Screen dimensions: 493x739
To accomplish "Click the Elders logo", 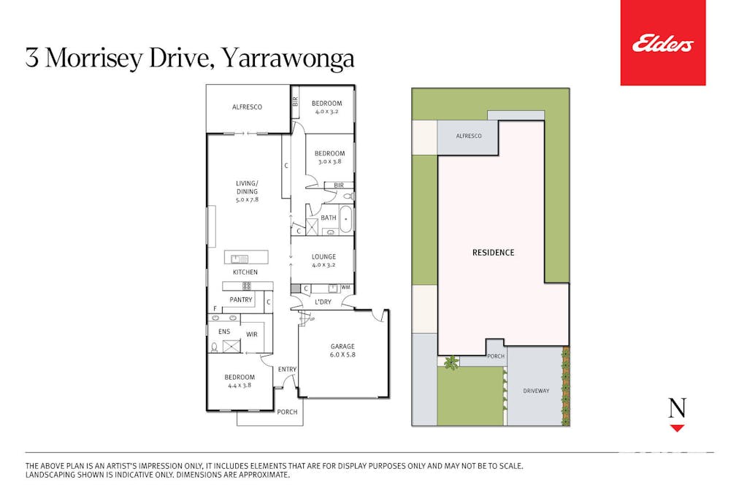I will tap(662, 44).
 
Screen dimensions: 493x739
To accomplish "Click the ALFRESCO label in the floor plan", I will tap(247, 107).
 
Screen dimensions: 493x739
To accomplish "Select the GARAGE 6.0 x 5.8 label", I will tap(342, 351).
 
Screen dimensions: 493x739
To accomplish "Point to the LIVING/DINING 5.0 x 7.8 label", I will tap(247, 191).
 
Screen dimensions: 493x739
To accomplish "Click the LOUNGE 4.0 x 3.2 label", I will tap(323, 261).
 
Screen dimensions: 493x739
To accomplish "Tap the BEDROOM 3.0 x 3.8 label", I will tap(329, 158).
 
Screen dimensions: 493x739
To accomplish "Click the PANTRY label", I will tap(241, 299).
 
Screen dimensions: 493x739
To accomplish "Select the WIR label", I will tap(251, 334).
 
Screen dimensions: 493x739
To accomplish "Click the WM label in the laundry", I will tap(345, 288).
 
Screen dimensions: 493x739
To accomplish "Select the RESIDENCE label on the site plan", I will tap(493, 253).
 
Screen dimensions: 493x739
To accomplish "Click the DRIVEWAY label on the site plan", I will tap(536, 391).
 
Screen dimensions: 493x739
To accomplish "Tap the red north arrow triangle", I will tap(677, 428).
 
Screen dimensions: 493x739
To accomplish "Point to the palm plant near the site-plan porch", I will tap(451, 362).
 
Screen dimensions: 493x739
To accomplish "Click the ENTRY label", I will tap(287, 370).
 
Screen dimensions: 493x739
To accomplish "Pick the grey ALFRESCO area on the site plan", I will tap(468, 137).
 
